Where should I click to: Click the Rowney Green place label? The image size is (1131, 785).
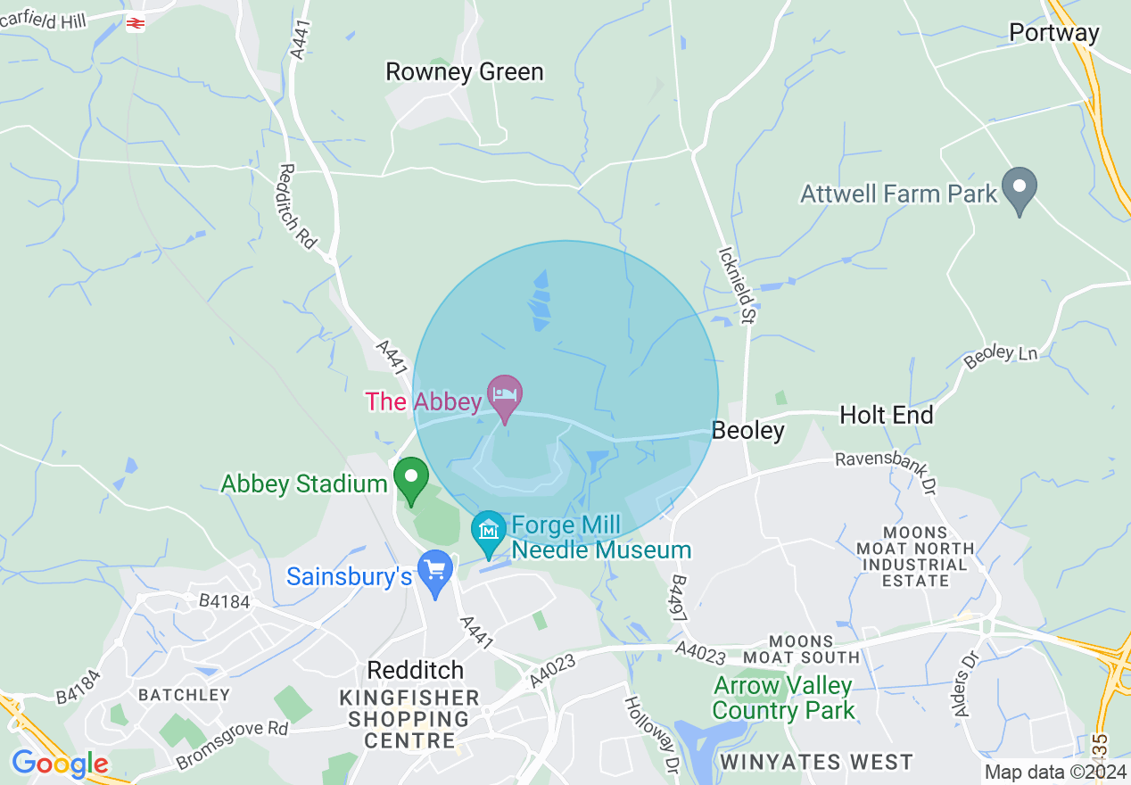pyautogui.click(x=464, y=71)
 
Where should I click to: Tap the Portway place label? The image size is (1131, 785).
pyautogui.click(x=1054, y=33)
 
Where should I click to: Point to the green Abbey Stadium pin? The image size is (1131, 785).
pyautogui.click(x=411, y=479)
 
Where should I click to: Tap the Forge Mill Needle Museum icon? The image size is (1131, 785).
pyautogui.click(x=489, y=532)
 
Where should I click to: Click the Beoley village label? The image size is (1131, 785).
pyautogui.click(x=747, y=431)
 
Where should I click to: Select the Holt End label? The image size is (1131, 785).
pyautogui.click(x=887, y=415)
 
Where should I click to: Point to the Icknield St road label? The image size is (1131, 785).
pyautogui.click(x=737, y=285)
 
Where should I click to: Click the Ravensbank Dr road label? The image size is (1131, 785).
pyautogui.click(x=885, y=474)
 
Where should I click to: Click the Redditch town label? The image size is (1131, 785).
pyautogui.click(x=417, y=670)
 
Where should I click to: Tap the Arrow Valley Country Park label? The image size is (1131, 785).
pyautogui.click(x=783, y=698)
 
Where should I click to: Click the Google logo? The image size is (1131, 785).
pyautogui.click(x=60, y=764)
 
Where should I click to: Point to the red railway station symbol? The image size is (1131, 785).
pyautogui.click(x=136, y=24)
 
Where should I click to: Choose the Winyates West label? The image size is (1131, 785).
pyautogui.click(x=816, y=763)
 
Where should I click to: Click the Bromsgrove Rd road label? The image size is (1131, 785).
pyautogui.click(x=233, y=744)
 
